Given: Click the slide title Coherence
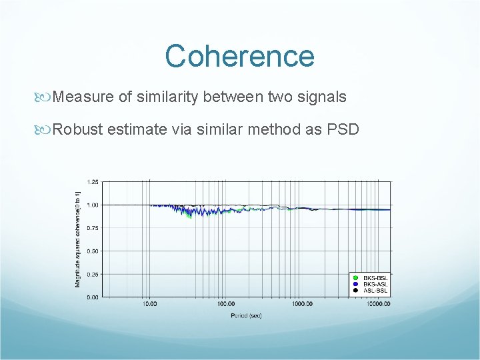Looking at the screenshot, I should point(239,56).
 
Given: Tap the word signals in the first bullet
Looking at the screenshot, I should point(323,97).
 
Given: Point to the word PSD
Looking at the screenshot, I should point(343,129).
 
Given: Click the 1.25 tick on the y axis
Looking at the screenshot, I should point(93,182).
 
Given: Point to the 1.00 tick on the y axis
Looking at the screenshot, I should point(93,205).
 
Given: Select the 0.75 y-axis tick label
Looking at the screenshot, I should point(93,228).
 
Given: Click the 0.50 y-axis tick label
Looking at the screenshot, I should point(93,251).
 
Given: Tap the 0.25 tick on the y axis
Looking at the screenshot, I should point(93,274).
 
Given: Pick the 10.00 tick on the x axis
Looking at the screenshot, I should point(149,304).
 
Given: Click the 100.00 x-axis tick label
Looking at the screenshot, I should point(225,304).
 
